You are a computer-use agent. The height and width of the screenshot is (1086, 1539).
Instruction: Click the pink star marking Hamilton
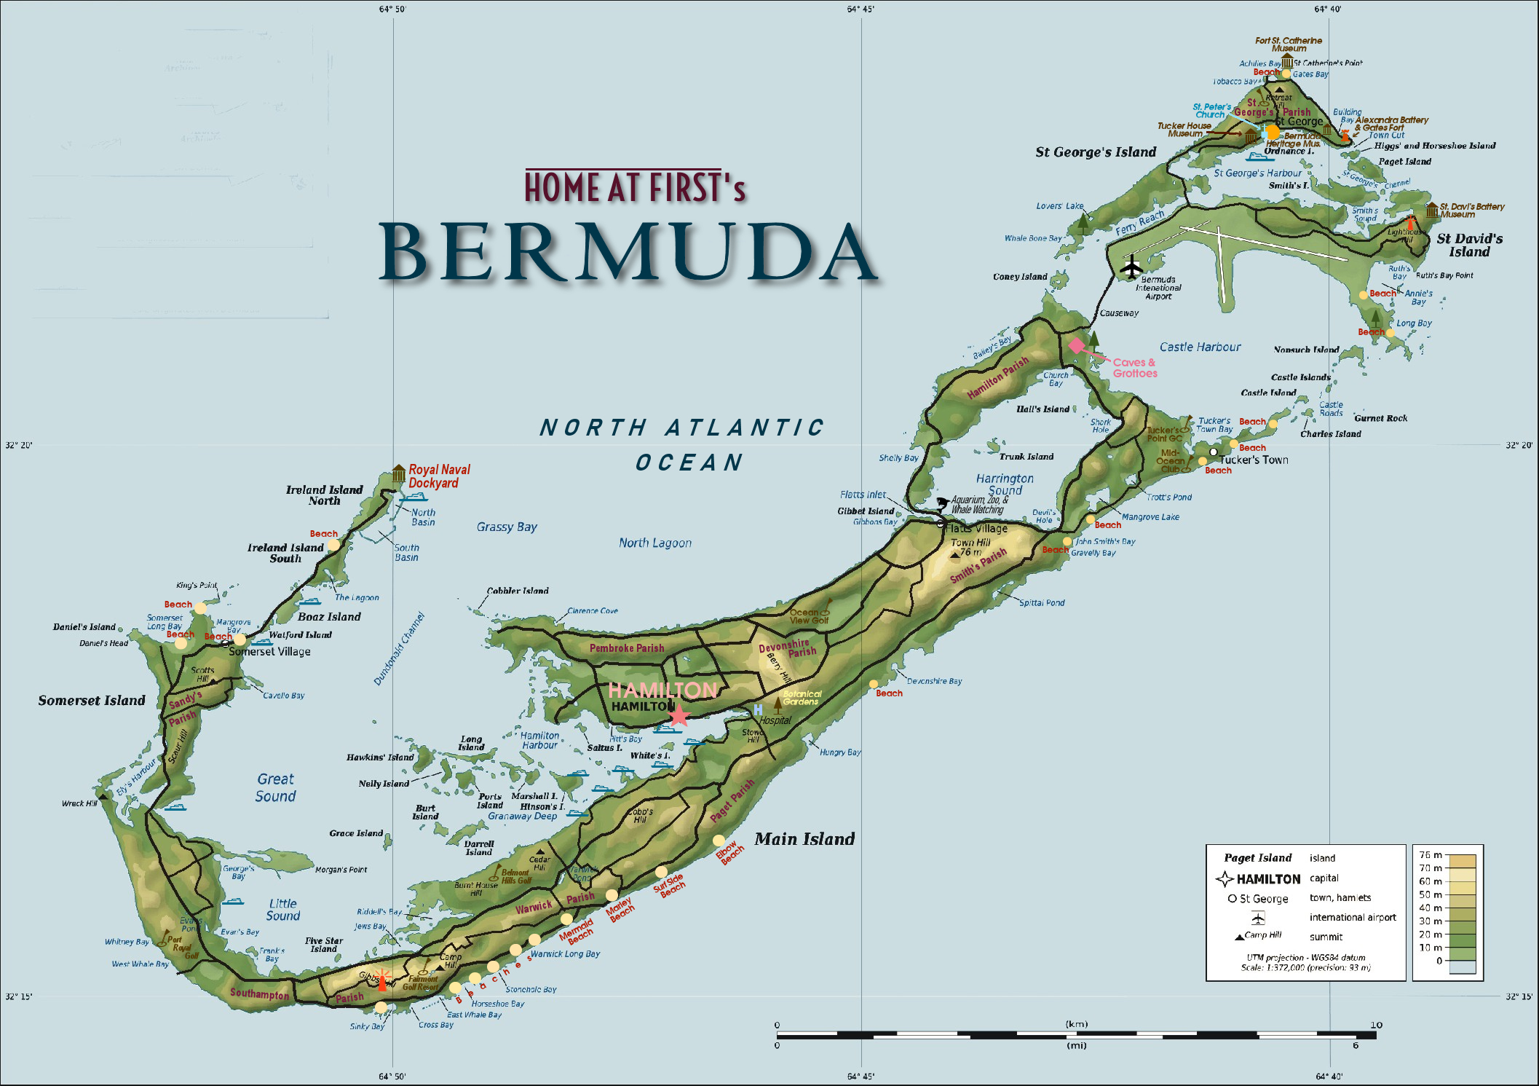coord(678,715)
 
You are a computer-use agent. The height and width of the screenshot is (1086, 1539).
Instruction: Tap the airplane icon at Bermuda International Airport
coord(1131,267)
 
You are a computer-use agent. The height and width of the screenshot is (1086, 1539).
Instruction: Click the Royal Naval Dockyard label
coord(439,476)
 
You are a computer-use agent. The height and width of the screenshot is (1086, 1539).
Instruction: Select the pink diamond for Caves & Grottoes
coord(1076,345)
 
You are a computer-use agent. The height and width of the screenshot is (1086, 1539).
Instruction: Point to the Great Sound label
coord(275,787)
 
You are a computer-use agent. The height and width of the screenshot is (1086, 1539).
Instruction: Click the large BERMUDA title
coord(628,252)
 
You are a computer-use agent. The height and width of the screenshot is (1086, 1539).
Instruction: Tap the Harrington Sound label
coord(1005,484)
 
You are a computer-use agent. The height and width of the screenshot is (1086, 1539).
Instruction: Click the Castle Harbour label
coord(1200,347)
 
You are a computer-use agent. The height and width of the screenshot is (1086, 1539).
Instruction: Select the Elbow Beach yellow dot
coord(719,841)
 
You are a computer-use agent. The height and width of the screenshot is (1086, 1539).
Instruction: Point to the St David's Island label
coord(1469,245)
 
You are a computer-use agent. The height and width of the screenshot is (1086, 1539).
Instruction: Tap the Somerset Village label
coord(269,652)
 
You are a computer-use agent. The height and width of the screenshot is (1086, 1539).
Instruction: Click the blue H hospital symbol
coord(758,709)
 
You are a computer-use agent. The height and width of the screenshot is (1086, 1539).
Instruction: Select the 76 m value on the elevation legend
coord(1425,855)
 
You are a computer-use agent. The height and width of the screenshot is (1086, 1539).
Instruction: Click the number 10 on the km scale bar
coord(1375,1025)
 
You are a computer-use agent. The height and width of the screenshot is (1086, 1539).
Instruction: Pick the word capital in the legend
coord(1324,878)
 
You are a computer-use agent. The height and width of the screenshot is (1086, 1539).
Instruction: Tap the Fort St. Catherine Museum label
coord(1288,44)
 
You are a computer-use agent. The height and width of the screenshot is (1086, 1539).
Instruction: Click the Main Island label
coord(804,839)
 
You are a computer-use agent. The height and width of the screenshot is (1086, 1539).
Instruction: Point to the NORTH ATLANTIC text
coord(681,428)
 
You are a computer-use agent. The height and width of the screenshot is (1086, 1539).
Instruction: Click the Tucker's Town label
coord(1254,460)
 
